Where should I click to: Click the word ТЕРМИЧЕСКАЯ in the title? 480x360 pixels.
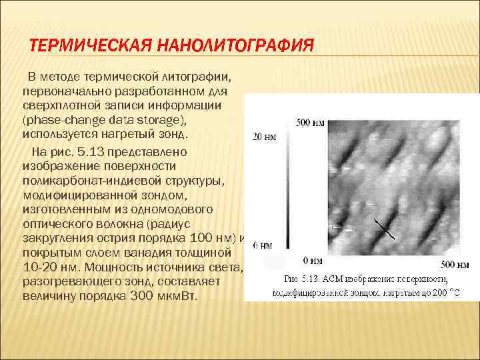93,47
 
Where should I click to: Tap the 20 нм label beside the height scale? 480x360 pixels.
264,137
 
